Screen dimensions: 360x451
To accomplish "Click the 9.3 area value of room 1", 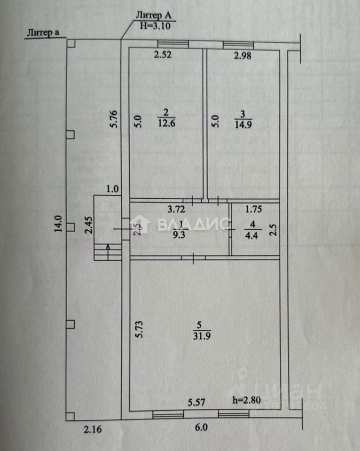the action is [179, 235].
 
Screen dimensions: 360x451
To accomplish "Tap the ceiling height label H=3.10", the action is [156, 26].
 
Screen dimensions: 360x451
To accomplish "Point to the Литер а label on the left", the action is [43, 32].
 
